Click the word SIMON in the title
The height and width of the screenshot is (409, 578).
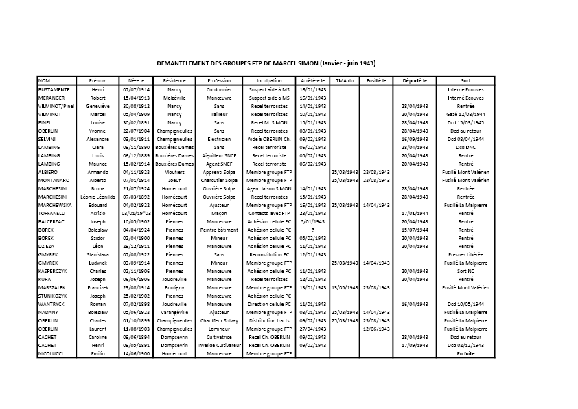pos(304,63)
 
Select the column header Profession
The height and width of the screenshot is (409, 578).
pos(219,80)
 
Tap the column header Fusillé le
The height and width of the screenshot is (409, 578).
pos(376,80)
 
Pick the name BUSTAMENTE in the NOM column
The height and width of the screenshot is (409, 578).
pos(54,89)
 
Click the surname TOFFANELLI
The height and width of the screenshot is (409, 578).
pos(53,213)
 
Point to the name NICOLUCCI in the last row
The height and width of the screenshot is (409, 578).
pos(51,353)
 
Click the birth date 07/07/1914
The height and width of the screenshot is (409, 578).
pos(136,89)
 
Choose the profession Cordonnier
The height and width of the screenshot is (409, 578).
pos(219,89)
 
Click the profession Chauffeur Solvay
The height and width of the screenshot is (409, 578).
pos(219,320)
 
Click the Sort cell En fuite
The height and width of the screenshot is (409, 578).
pos(465,353)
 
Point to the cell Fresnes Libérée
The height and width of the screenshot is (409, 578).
pos(465,254)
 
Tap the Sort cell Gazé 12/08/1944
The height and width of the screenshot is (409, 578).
pos(465,114)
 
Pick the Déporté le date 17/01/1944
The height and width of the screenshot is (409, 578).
pos(415,213)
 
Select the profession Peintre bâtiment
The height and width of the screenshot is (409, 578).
pos(219,230)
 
